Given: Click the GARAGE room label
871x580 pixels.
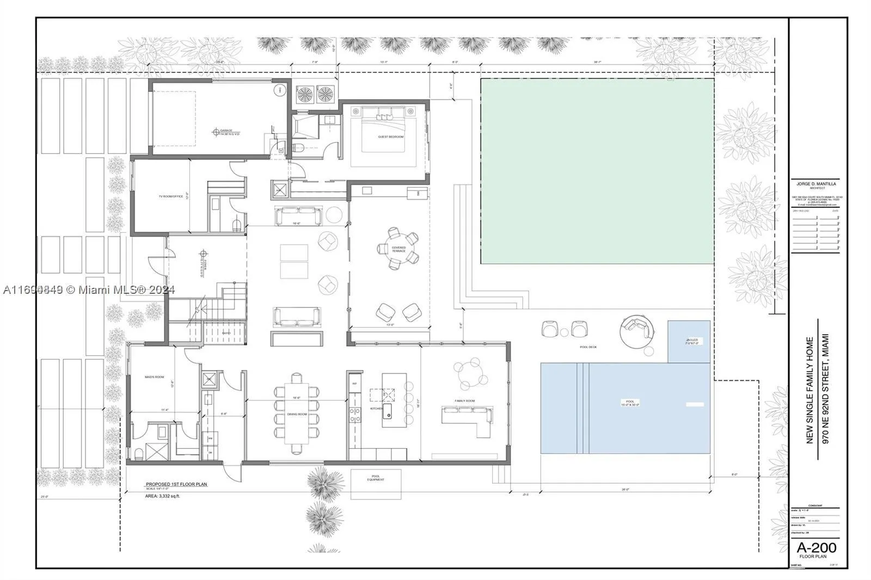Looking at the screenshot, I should coord(226,131).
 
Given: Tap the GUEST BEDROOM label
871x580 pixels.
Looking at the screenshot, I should coord(391,137).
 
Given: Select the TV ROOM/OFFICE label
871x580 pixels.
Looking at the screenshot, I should coord(170,196).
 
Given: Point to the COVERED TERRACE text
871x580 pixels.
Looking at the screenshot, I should coord(398,249).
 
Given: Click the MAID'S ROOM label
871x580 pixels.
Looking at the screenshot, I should coord(154,377).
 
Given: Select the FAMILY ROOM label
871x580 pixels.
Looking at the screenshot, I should coord(465,401).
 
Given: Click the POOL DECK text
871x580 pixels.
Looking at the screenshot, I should coord(588,347).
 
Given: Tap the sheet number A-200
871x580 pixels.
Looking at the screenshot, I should coord(817,547).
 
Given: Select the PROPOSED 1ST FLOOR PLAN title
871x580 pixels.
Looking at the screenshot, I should coord(176,484).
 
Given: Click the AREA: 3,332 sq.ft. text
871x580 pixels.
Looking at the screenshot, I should coord(162,496).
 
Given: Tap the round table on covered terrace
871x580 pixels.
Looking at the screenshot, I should coord(398,249).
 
